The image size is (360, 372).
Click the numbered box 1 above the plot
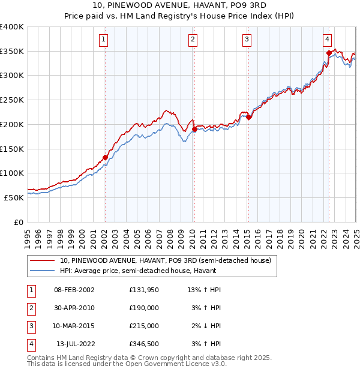click(x=104, y=40)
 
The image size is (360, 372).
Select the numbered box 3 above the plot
click(x=247, y=40)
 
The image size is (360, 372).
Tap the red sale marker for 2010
click(x=194, y=129)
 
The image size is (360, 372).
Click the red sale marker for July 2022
click(x=329, y=53)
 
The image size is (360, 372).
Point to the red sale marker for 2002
click(x=105, y=157)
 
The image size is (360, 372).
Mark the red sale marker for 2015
click(x=248, y=117)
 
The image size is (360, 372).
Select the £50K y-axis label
click(x=14, y=197)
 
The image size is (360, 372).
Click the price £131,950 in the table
click(x=143, y=290)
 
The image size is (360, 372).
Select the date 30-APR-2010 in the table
click(x=74, y=308)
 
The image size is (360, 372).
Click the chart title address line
click(x=180, y=5)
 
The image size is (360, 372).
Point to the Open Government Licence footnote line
click(x=127, y=364)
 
